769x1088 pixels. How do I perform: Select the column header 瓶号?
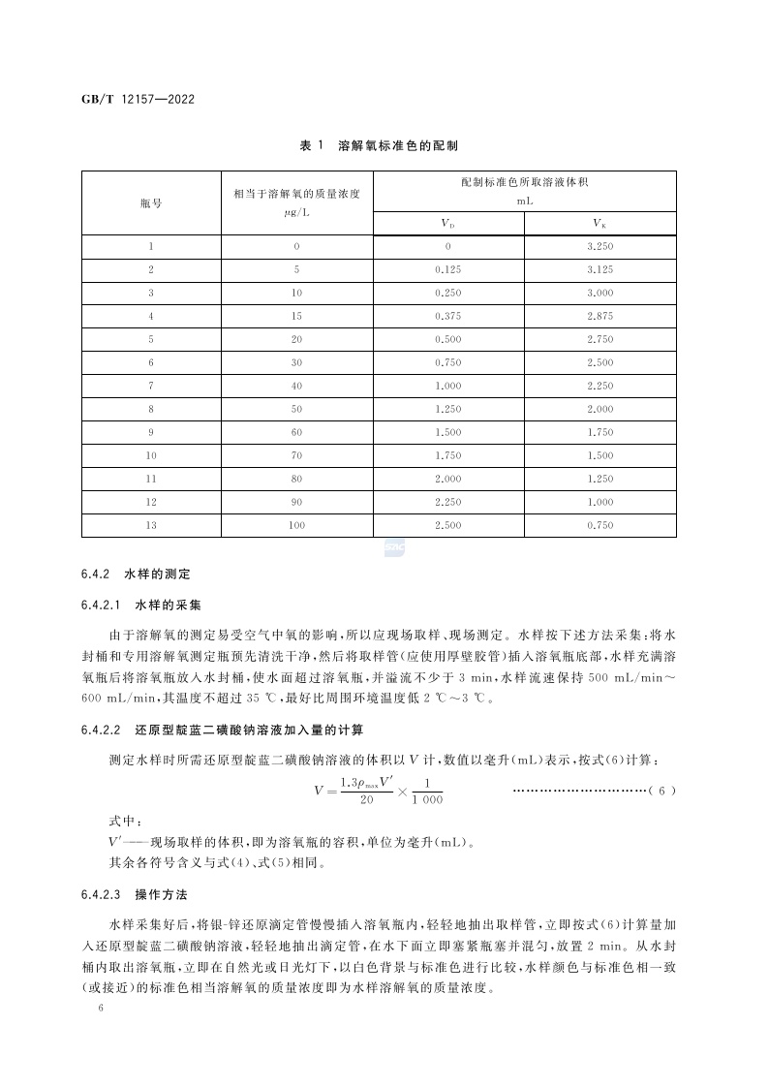pyautogui.click(x=151, y=203)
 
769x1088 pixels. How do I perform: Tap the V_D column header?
pyautogui.click(x=448, y=224)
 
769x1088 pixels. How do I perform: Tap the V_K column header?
pyautogui.click(x=600, y=224)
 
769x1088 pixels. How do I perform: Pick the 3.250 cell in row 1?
pyautogui.click(x=600, y=247)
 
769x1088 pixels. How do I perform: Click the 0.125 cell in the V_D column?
pyautogui.click(x=448, y=269)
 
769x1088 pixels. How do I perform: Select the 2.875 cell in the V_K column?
pyautogui.click(x=600, y=316)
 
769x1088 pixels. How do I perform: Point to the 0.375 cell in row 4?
pyautogui.click(x=448, y=316)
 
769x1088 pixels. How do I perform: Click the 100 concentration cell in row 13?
pyautogui.click(x=296, y=525)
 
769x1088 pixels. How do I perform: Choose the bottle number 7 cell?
pyautogui.click(x=151, y=386)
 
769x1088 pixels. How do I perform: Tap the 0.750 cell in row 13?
pyautogui.click(x=600, y=525)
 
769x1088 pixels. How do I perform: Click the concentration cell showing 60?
pyautogui.click(x=296, y=432)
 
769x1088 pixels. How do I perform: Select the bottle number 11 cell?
pyautogui.click(x=151, y=479)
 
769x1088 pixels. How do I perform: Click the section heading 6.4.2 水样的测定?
pyautogui.click(x=136, y=575)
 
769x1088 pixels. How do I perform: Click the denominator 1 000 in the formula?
pyautogui.click(x=426, y=800)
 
